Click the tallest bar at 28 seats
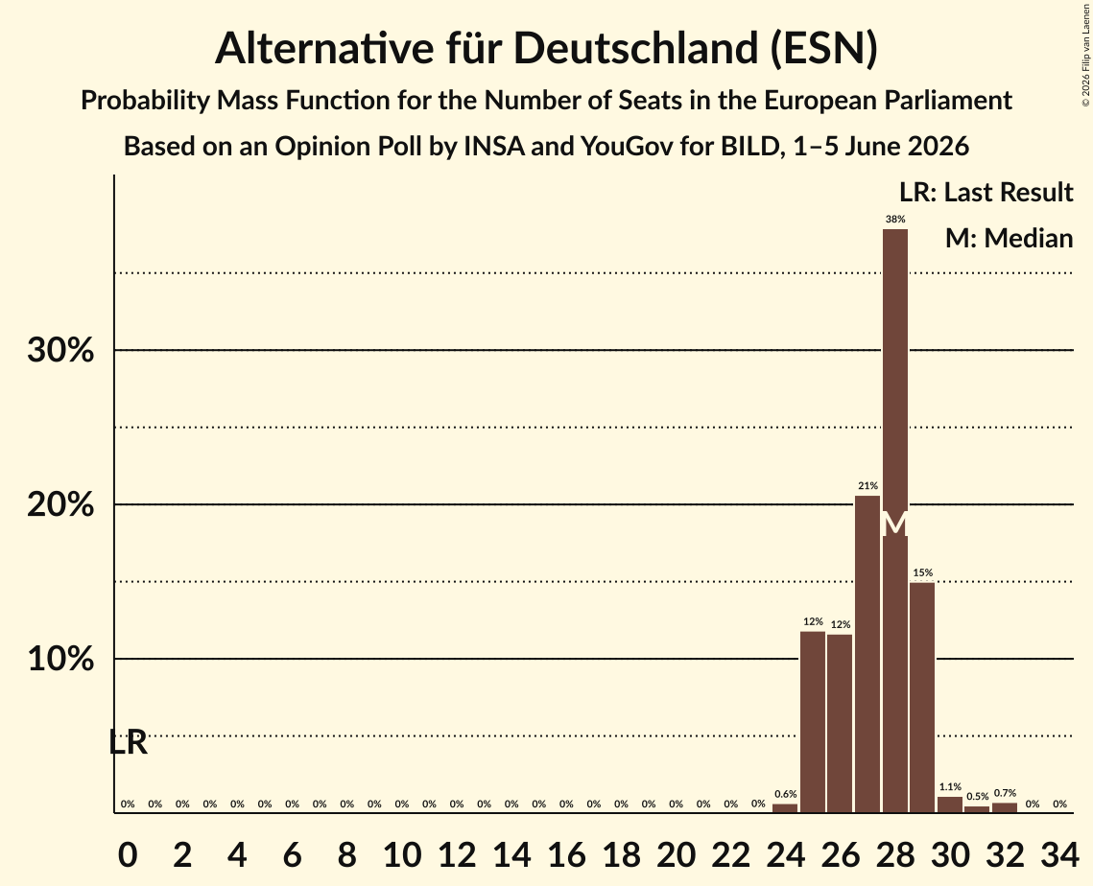895,521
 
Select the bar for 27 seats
867,654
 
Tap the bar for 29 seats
922,697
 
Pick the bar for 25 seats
813,722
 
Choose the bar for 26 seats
840,723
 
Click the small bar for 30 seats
950,804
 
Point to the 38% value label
895,220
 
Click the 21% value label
867,485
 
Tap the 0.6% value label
786,794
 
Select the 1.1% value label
950,787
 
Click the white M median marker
895,525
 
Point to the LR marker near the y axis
129,742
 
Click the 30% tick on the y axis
60,350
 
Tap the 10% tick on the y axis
60,658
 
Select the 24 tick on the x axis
786,854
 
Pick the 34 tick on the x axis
1059,854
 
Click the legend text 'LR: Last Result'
986,192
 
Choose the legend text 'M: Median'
1009,238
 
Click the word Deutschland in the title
636,48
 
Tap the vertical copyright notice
1085,56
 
